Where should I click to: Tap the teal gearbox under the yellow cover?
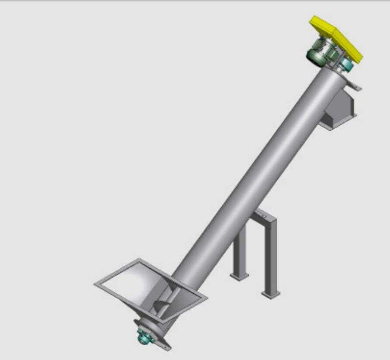347,65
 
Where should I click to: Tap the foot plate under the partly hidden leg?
240,276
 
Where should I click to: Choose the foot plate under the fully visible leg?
271,295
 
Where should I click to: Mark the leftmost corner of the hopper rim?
95,285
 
